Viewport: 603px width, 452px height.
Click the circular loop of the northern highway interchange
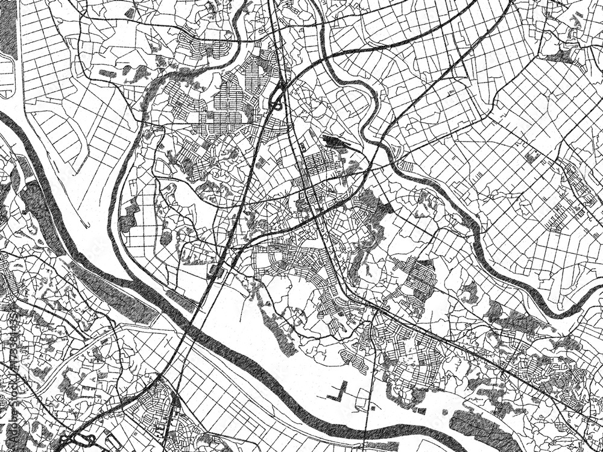278,99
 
